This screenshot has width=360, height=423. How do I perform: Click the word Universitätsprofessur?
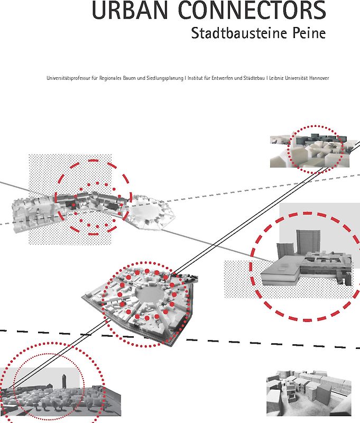click(x=66, y=78)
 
